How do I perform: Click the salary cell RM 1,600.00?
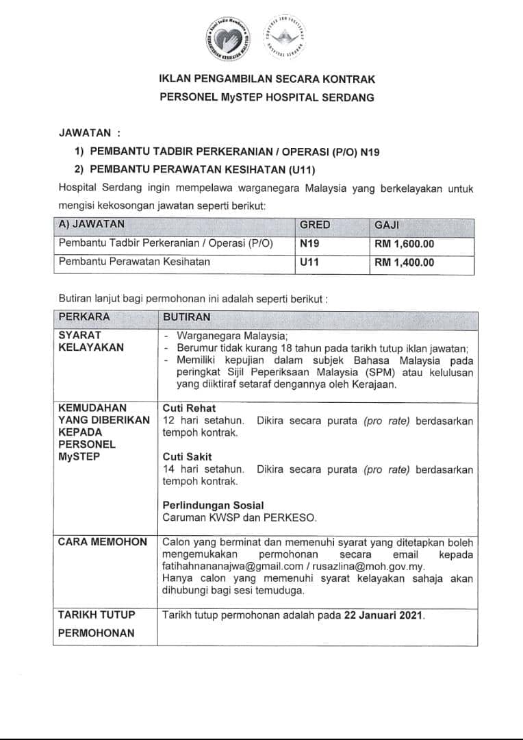pyautogui.click(x=404, y=243)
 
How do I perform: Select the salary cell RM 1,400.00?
pyautogui.click(x=404, y=262)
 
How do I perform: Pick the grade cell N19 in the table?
pyautogui.click(x=309, y=243)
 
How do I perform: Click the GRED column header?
pyautogui.click(x=315, y=225)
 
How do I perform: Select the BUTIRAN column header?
pyautogui.click(x=186, y=317)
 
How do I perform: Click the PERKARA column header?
pyautogui.click(x=84, y=317)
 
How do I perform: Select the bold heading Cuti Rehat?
pyautogui.click(x=187, y=408)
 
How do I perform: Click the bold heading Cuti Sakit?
pyautogui.click(x=187, y=456)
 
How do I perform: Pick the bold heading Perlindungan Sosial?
pyautogui.click(x=213, y=506)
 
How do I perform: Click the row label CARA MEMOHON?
pyautogui.click(x=103, y=542)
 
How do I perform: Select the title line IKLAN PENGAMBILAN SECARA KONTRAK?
pyautogui.click(x=267, y=79)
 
